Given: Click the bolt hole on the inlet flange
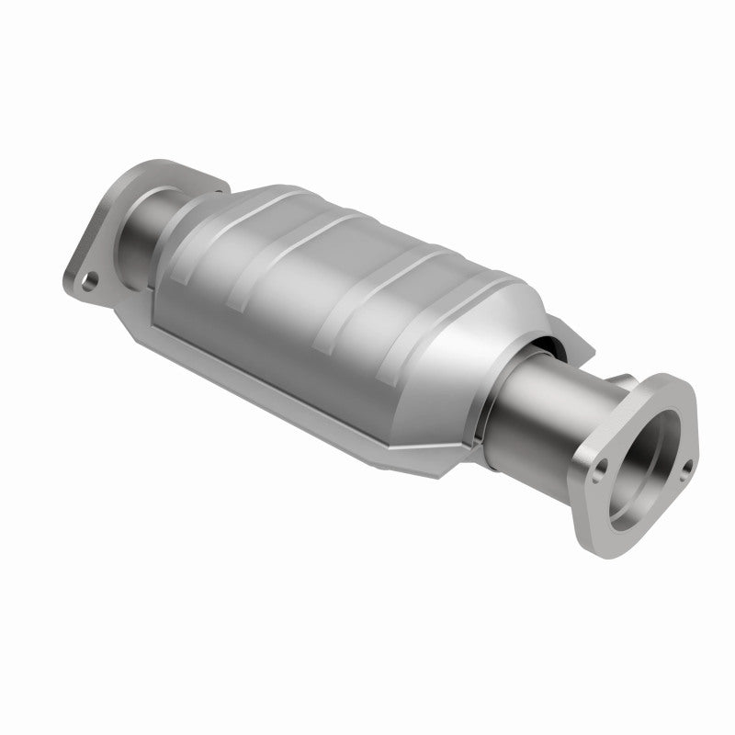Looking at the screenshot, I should (x=89, y=277).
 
